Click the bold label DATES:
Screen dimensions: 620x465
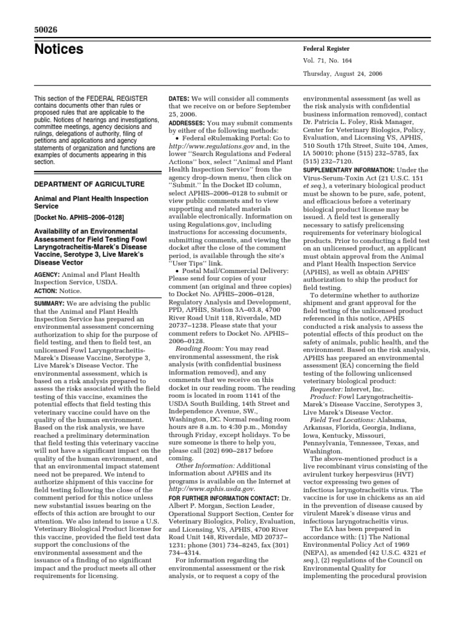179,97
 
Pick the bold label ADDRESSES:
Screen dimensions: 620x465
188,122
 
